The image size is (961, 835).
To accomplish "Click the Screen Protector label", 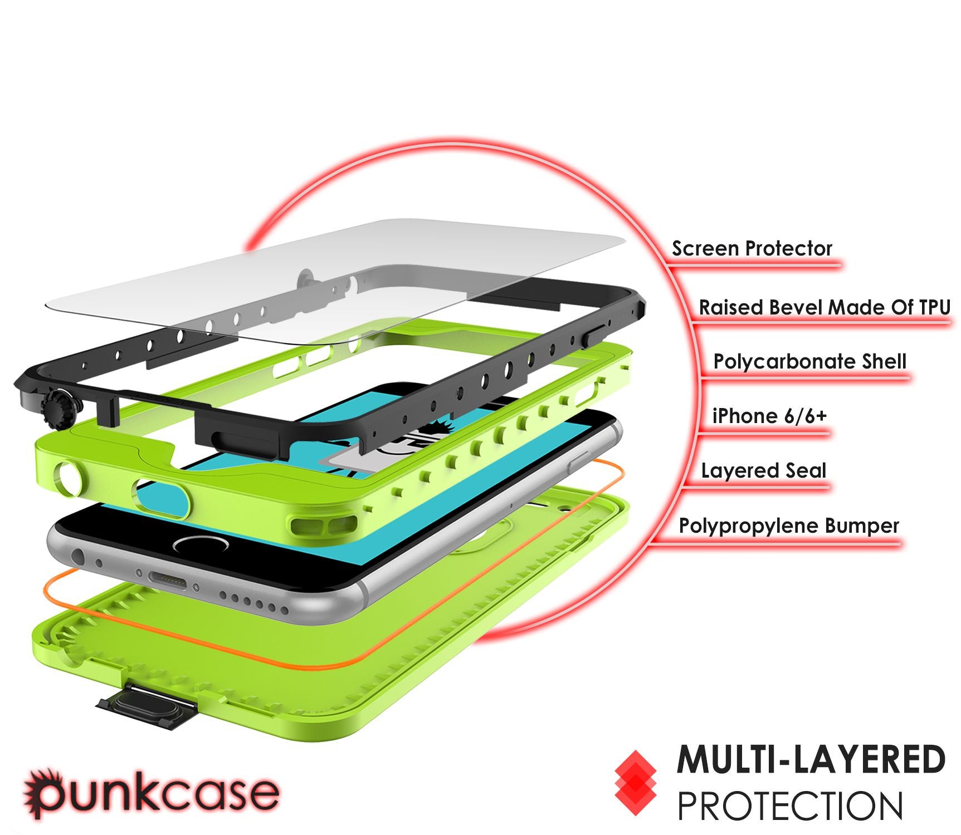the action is click(x=752, y=248).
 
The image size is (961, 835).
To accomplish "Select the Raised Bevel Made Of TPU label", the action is click(x=825, y=307).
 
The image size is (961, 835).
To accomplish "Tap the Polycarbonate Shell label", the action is click(x=810, y=362).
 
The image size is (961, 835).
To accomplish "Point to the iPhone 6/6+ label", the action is click(x=769, y=416).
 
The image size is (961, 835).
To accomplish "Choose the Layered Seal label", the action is click(x=764, y=471).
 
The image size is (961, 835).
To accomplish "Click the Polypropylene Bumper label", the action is click(x=789, y=526).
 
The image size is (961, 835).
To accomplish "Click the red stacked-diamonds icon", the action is click(x=635, y=784).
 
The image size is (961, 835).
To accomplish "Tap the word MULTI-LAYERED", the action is click(x=811, y=760).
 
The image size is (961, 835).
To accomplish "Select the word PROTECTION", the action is click(x=790, y=805).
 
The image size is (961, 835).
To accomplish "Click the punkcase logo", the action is click(x=150, y=793).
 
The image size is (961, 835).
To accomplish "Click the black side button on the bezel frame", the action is click(x=594, y=337).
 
